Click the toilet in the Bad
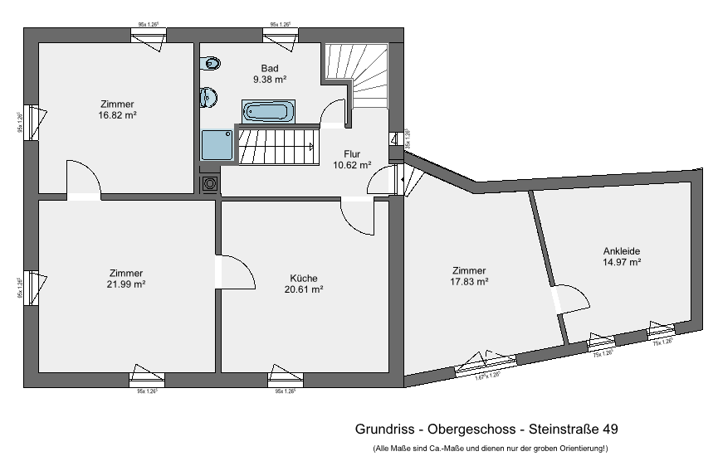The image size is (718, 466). pyautogui.click(x=212, y=63)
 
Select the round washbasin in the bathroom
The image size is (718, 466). pyautogui.click(x=208, y=98)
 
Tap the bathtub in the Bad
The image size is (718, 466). pyautogui.click(x=266, y=111)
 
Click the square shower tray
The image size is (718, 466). pyautogui.click(x=217, y=144)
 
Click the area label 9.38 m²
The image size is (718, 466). pyautogui.click(x=270, y=80)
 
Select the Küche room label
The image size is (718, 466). pyautogui.click(x=304, y=279)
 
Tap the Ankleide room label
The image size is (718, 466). pyautogui.click(x=622, y=250)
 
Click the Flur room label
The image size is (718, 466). pyautogui.click(x=353, y=153)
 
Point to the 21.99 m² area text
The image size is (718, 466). pyautogui.click(x=126, y=284)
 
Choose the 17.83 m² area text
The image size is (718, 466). pyautogui.click(x=469, y=282)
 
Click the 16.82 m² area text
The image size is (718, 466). pyautogui.click(x=117, y=115)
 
